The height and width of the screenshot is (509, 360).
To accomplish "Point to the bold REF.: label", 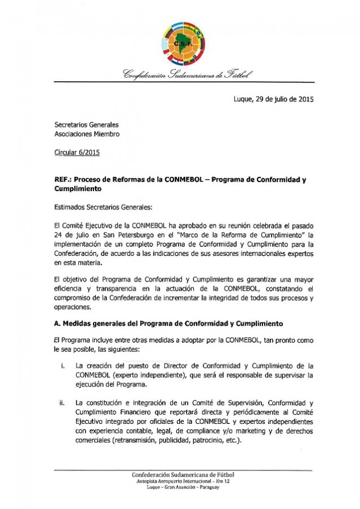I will tap(62, 180).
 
